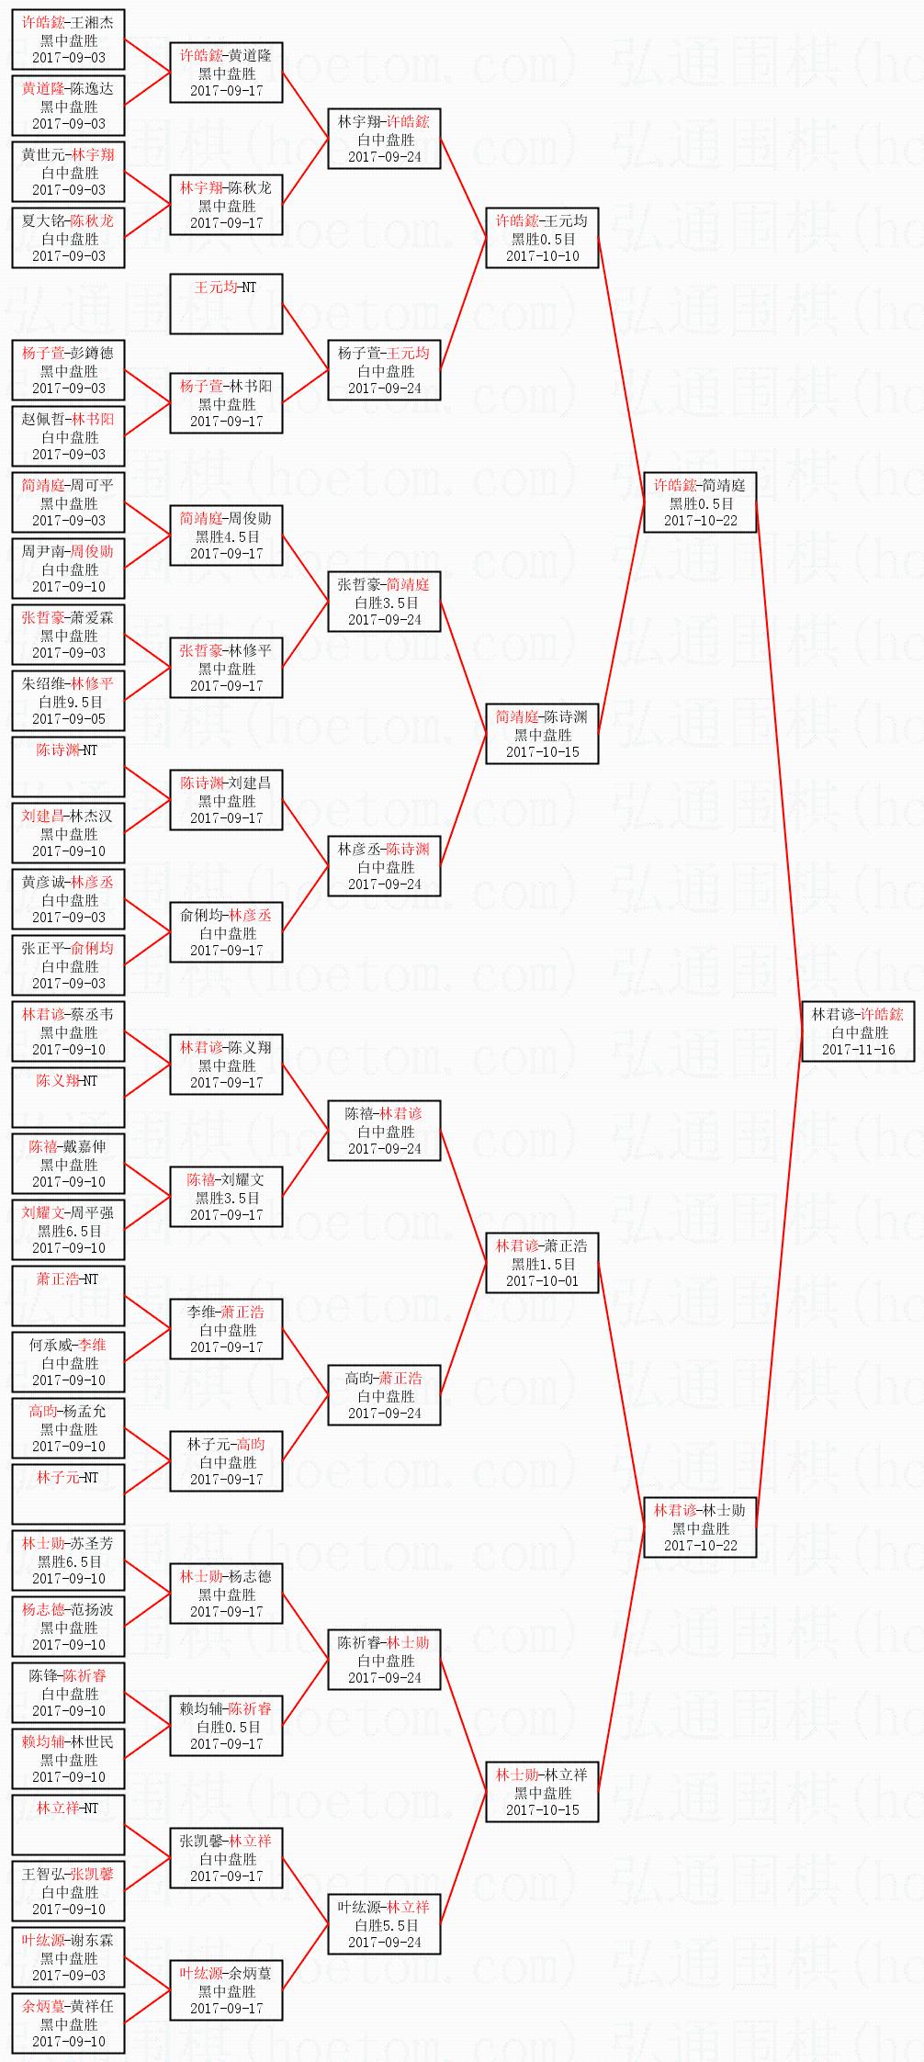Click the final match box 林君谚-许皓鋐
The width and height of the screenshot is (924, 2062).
coord(858,1031)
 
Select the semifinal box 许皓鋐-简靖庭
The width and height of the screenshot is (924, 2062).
coord(700,502)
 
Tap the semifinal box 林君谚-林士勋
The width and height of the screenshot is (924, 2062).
coord(700,1527)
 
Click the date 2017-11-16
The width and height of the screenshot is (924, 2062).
coord(858,1049)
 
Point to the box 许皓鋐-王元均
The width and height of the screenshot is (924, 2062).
coord(542,238)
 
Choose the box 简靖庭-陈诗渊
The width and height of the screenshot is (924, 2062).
coord(542,734)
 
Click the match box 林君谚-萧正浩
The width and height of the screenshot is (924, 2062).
coord(542,1263)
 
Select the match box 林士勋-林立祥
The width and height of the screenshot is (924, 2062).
coord(542,1792)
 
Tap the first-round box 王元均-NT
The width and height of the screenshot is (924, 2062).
coord(226,303)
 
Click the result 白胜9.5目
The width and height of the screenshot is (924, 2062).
coord(69,702)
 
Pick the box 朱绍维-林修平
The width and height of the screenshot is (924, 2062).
coord(69,701)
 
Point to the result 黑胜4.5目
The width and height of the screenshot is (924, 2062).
coord(226,536)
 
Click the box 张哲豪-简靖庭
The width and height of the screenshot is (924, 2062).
coord(384,602)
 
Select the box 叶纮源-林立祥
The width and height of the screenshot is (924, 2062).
coord(384,1924)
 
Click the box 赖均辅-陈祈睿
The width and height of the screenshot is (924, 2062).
coord(226,1726)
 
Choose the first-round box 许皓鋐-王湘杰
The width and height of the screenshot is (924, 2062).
coord(69,39)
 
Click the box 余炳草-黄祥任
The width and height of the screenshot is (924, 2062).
coord(69,2023)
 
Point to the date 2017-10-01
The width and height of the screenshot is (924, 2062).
coord(542,1280)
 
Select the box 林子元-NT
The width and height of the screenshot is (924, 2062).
coord(69,1494)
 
